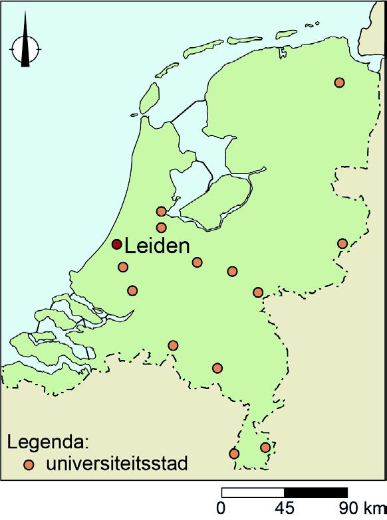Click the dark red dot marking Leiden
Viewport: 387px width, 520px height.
coord(116,244)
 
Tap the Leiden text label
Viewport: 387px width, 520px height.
coord(158,246)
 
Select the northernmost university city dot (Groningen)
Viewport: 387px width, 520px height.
coord(339,82)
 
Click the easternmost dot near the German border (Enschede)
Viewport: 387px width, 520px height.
coord(342,244)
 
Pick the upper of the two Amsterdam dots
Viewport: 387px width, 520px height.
coord(161,212)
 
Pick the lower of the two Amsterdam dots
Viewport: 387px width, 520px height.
coord(161,228)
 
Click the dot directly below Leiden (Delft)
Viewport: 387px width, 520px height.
coord(122,267)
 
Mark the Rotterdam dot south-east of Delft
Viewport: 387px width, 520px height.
coord(132,290)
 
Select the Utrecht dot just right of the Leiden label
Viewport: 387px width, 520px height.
coord(197,262)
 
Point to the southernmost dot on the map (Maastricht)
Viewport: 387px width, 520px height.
coord(234,454)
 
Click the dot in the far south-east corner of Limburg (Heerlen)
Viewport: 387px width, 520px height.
coord(265,448)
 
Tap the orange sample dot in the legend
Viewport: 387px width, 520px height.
coord(29,464)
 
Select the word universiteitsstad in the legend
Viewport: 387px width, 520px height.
coord(116,464)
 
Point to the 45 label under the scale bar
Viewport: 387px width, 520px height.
coord(284,509)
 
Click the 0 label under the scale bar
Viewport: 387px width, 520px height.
coord(221,509)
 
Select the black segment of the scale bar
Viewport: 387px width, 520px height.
coord(315,493)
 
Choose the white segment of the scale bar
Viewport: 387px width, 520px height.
coord(253,493)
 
